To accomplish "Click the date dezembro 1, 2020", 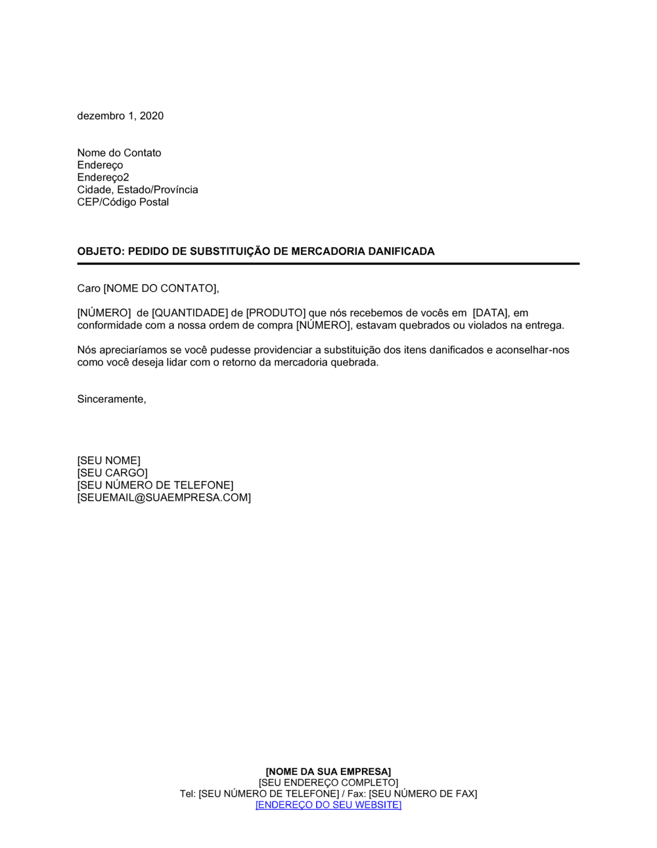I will click(120, 116).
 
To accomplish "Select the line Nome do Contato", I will click(119, 153).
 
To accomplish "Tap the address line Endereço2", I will click(103, 177).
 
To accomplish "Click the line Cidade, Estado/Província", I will click(137, 190).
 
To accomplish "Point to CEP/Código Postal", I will click(123, 202).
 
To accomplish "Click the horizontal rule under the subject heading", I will click(328, 264).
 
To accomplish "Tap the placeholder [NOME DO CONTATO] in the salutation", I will click(160, 289).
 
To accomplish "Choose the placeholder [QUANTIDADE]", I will click(190, 313).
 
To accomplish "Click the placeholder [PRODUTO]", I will click(276, 313).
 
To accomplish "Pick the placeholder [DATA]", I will click(490, 313).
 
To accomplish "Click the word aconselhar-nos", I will click(532, 350).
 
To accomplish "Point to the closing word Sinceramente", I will click(111, 400).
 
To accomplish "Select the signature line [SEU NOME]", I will click(108, 461).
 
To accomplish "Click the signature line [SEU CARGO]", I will click(112, 473).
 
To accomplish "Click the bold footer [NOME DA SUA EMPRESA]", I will click(328, 772).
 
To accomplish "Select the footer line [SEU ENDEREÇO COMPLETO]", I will click(328, 783).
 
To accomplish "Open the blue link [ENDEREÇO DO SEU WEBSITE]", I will click(328, 805).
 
